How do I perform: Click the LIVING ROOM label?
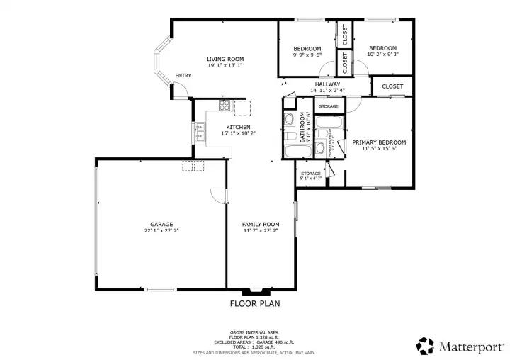[x=225, y=59]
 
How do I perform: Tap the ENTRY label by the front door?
[x=183, y=76]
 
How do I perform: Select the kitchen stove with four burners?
[x=224, y=107]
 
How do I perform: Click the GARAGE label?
[x=161, y=223]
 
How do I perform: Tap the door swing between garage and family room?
[x=218, y=195]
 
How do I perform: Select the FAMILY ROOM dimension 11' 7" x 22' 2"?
[x=261, y=230]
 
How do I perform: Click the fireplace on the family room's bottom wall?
[x=256, y=291]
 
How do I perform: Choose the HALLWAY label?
[x=327, y=84]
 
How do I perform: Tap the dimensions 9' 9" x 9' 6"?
[x=307, y=54]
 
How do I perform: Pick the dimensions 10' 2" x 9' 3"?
[x=382, y=54]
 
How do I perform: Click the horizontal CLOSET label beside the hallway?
[x=392, y=86]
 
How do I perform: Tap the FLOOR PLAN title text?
[x=255, y=304]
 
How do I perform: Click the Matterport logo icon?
[x=426, y=346]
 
